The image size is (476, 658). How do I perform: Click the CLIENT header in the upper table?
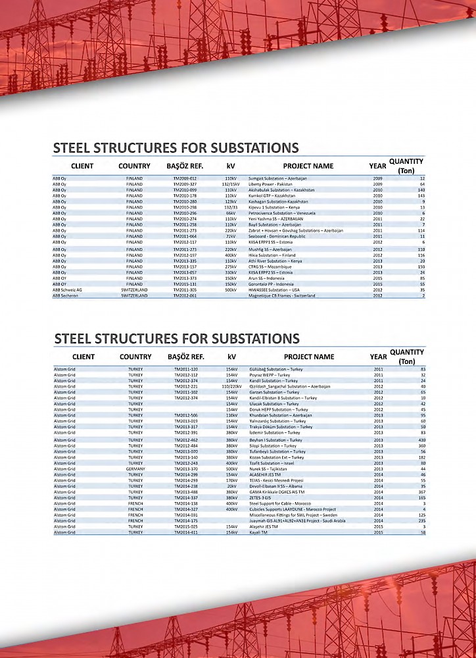pyautogui.click(x=82, y=166)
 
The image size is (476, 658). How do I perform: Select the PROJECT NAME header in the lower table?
pyautogui.click(x=309, y=357)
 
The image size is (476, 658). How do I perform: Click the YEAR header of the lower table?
pyautogui.click(x=378, y=357)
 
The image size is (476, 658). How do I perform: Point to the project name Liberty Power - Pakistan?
pyautogui.click(x=270, y=184)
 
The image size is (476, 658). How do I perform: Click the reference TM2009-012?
pyautogui.click(x=185, y=178)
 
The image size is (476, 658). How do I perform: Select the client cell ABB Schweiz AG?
pyautogui.click(x=68, y=290)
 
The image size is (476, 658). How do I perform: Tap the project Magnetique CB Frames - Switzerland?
pyautogui.click(x=281, y=296)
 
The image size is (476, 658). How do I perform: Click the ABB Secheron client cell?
pyautogui.click(x=66, y=296)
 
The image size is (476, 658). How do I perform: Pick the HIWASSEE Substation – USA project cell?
pyautogui.click(x=274, y=290)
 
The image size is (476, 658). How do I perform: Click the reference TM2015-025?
pyautogui.click(x=186, y=526)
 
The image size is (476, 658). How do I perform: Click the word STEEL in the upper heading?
pyautogui.click(x=74, y=148)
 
